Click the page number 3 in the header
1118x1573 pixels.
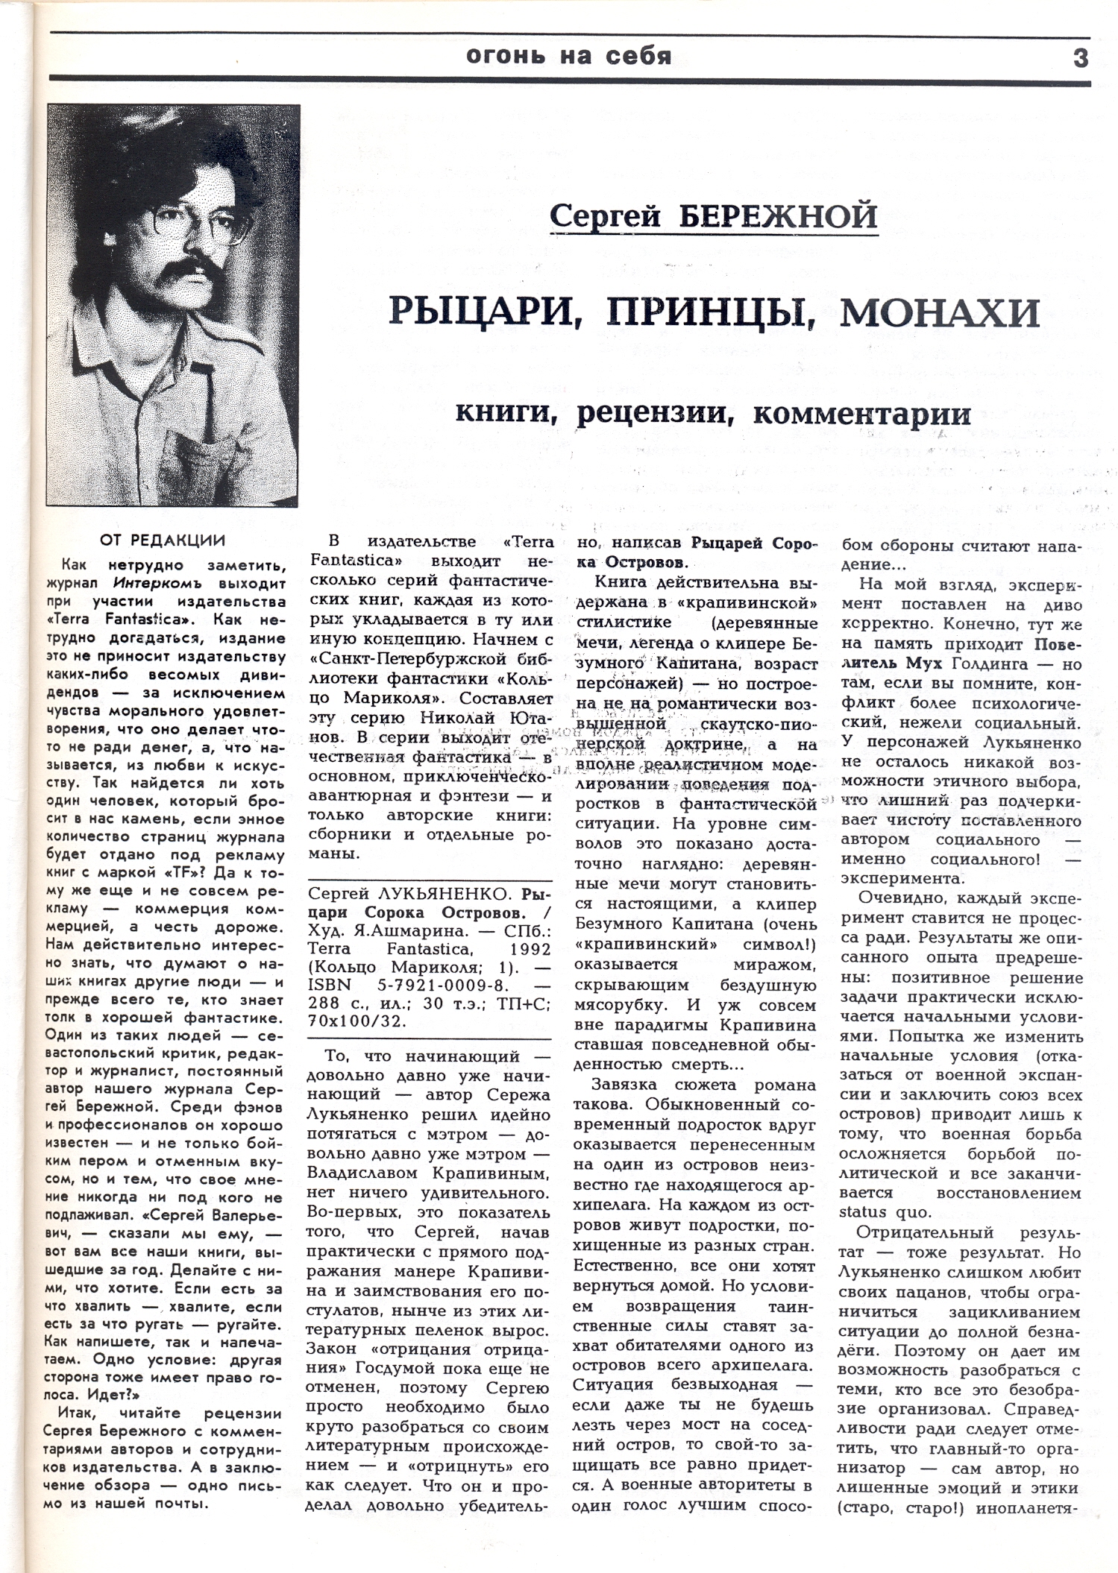[1081, 57]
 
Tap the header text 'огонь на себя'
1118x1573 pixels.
[568, 55]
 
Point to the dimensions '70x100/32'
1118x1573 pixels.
[357, 1021]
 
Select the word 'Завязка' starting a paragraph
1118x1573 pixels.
[622, 1085]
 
